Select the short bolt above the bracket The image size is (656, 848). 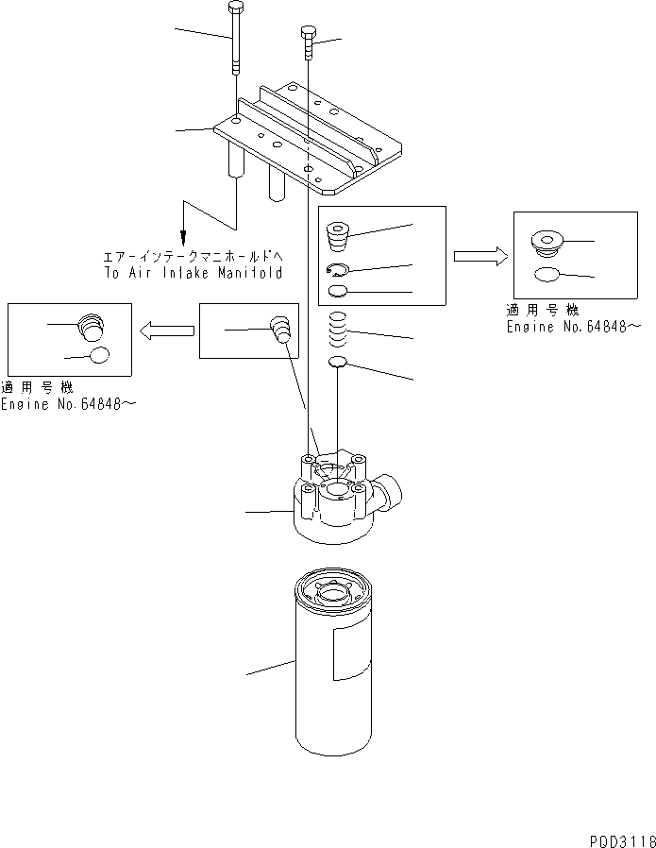tap(308, 42)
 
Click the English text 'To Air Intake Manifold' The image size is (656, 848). tap(194, 272)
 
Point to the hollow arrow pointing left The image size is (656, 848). tap(166, 330)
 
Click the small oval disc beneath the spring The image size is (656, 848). tap(339, 364)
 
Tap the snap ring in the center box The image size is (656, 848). tap(340, 270)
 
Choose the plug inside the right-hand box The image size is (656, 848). tap(546, 245)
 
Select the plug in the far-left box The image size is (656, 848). tap(89, 326)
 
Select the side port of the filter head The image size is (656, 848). tap(390, 491)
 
